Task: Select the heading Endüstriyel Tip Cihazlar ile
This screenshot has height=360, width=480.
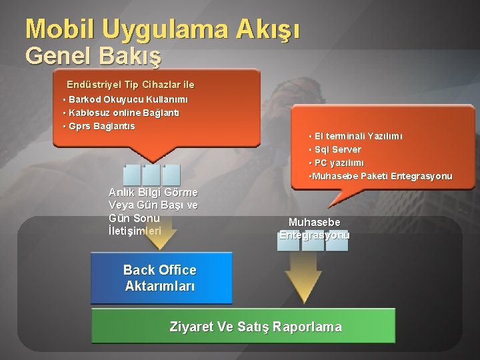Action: (130, 85)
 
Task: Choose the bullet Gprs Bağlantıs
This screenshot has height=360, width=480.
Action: (100, 126)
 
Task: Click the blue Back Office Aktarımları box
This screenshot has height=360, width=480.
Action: (161, 278)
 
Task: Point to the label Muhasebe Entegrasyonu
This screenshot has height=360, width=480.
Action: (314, 228)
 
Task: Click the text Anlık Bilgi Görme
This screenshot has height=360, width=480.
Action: (153, 193)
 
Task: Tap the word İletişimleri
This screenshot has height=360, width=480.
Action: (135, 231)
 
